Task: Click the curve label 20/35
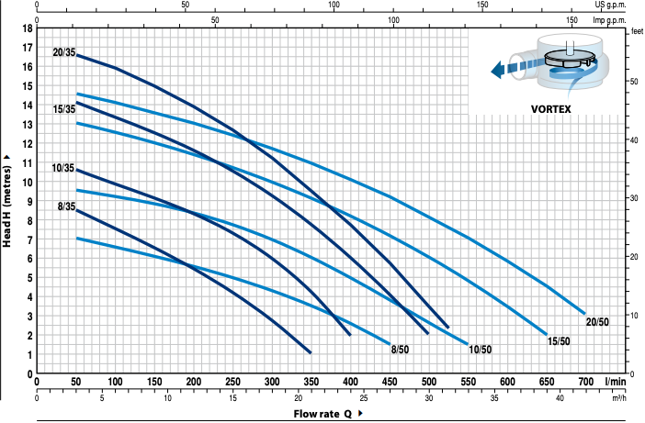(x=64, y=52)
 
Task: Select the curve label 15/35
(x=64, y=110)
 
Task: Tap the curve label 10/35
(x=64, y=168)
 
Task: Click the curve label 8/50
(x=401, y=350)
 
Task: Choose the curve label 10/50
(x=479, y=350)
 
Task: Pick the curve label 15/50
(x=558, y=341)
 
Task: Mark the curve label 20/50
(x=598, y=321)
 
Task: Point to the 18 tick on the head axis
(x=28, y=28)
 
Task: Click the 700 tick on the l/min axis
(x=585, y=382)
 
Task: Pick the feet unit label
(x=636, y=32)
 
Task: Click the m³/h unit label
(x=617, y=397)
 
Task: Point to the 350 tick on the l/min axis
(x=311, y=382)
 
